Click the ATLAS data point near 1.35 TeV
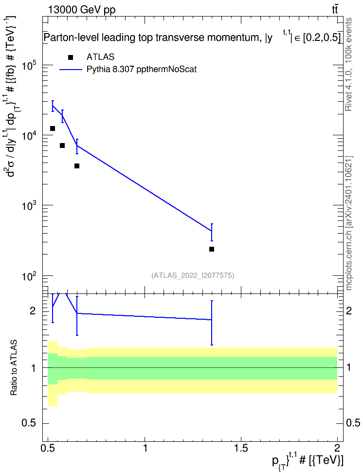(212, 249)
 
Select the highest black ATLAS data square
(53, 128)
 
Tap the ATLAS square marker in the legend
(71, 57)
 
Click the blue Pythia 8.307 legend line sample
(71, 70)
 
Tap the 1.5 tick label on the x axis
(241, 447)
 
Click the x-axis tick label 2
(337, 447)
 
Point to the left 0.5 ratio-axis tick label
(29, 423)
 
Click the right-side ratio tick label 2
(349, 310)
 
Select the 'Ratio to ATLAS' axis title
(14, 368)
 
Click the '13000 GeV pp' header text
(82, 10)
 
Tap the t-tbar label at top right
(335, 9)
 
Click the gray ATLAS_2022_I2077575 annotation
(193, 275)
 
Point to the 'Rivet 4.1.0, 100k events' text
(348, 64)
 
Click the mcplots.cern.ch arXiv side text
(348, 223)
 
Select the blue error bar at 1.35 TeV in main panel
(212, 232)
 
